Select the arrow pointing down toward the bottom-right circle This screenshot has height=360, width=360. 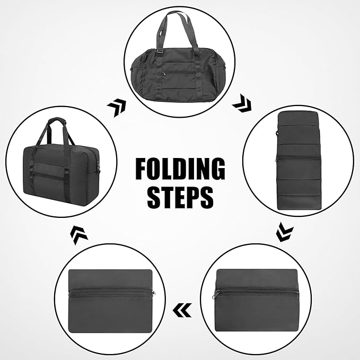click(x=286, y=231)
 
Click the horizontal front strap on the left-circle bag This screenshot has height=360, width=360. click(x=57, y=173)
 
